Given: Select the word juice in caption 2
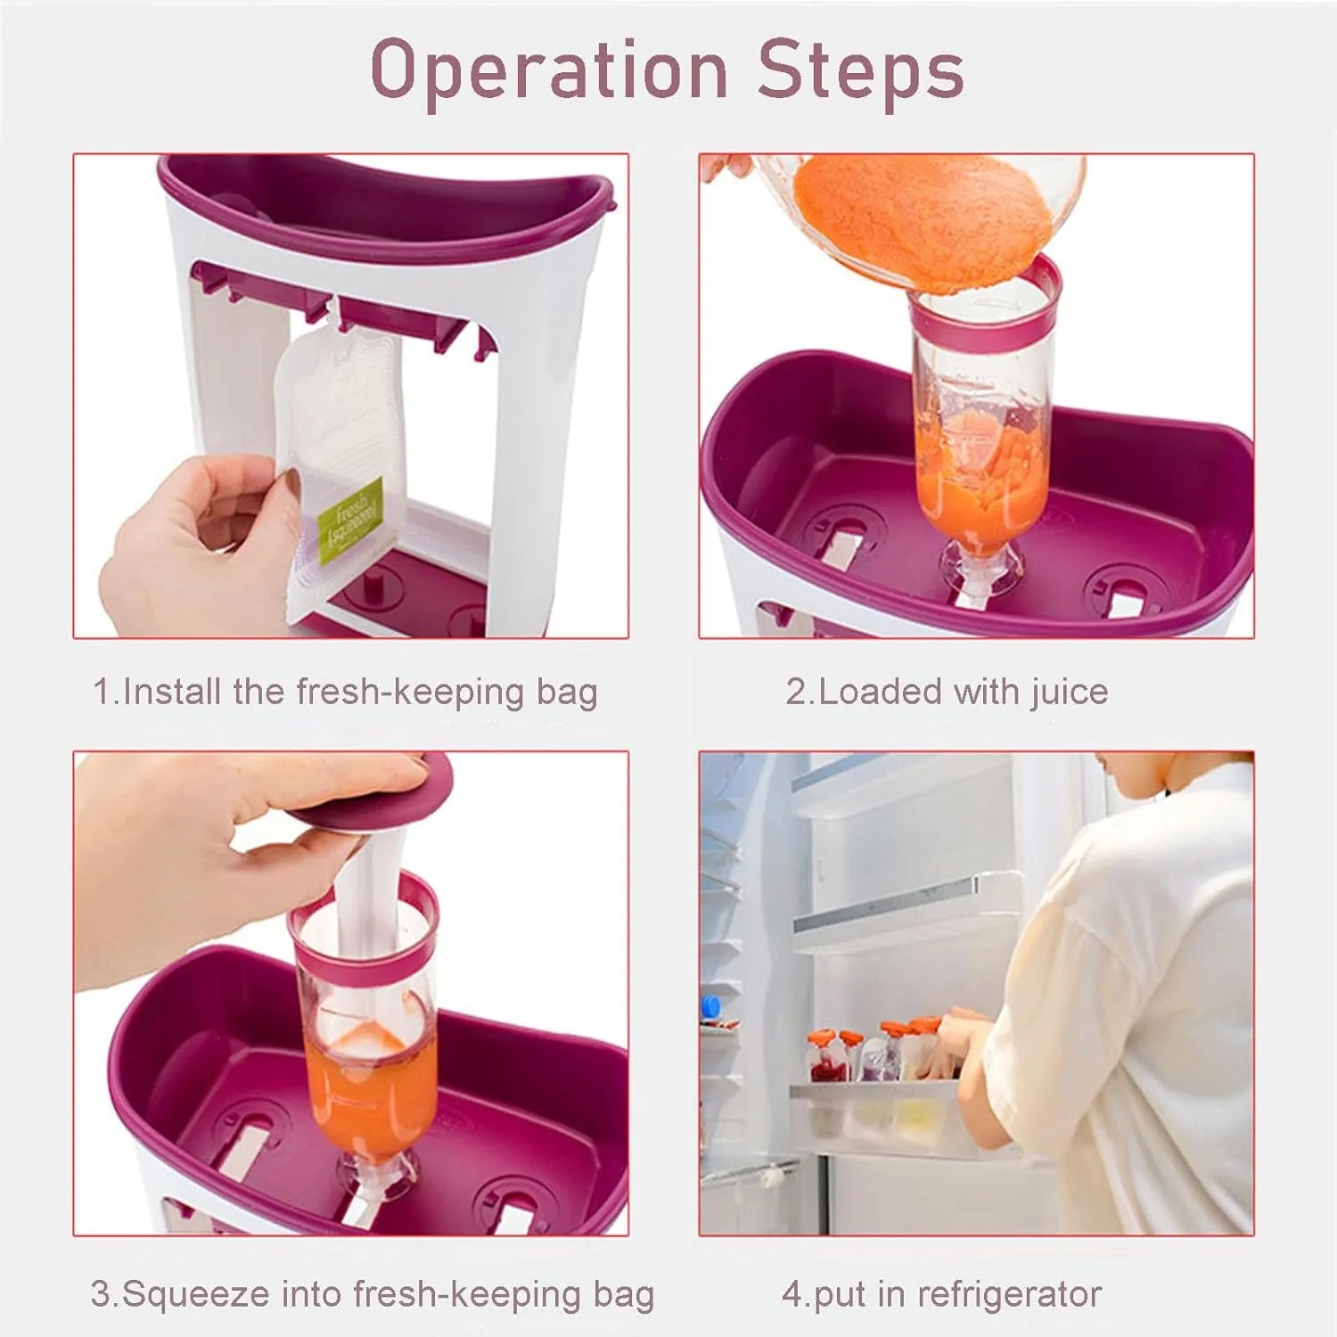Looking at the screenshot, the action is coord(1070,693).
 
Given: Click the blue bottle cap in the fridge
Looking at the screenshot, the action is coord(710,1005).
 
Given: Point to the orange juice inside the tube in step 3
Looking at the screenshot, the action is coord(371,1092).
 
